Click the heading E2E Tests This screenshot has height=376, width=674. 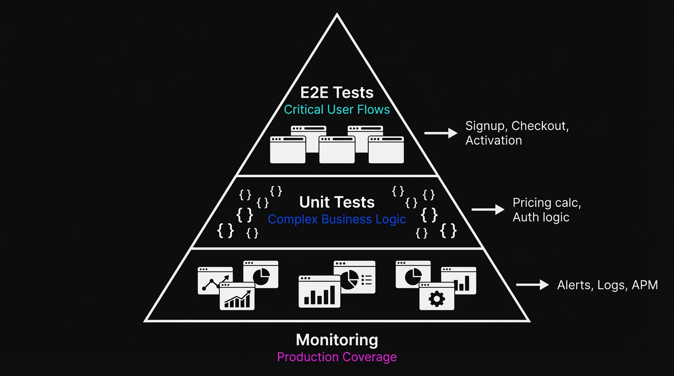337,93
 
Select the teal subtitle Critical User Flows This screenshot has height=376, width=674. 337,109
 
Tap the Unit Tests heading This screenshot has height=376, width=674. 337,202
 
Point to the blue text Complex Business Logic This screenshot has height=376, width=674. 337,219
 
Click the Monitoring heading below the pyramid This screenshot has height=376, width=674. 337,340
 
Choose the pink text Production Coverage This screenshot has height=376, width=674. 337,357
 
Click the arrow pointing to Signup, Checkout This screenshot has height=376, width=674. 440,133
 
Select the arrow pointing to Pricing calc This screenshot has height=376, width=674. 488,210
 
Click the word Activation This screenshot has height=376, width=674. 493,141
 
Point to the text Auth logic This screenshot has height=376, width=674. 541,217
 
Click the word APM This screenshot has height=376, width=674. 645,285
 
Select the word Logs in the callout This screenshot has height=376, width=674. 611,285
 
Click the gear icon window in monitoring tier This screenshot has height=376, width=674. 436,297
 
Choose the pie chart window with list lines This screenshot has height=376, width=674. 355,277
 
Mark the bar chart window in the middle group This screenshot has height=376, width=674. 319,292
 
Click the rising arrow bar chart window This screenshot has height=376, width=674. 237,297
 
